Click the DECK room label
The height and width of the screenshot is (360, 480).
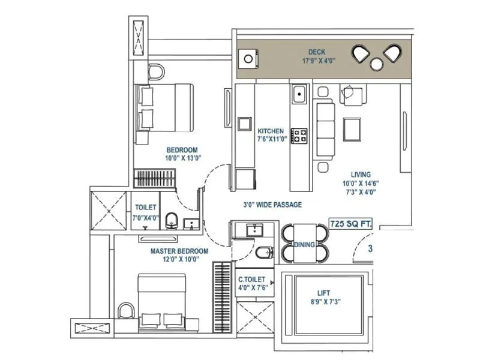point(317,52)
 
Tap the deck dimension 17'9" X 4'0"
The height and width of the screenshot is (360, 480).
point(317,61)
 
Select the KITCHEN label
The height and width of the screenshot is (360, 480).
point(271,131)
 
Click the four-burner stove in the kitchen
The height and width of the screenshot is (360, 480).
point(299,134)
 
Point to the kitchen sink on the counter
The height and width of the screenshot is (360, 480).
point(299,94)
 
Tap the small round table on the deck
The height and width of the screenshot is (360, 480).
point(377,64)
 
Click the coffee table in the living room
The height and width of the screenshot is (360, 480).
point(353,129)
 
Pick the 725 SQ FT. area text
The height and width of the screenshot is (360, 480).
point(351,224)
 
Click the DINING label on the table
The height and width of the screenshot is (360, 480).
point(305,245)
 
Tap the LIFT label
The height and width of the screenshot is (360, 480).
point(325,294)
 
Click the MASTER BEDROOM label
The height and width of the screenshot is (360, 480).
point(179,251)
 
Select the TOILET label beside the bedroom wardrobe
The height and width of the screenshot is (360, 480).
point(146,207)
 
